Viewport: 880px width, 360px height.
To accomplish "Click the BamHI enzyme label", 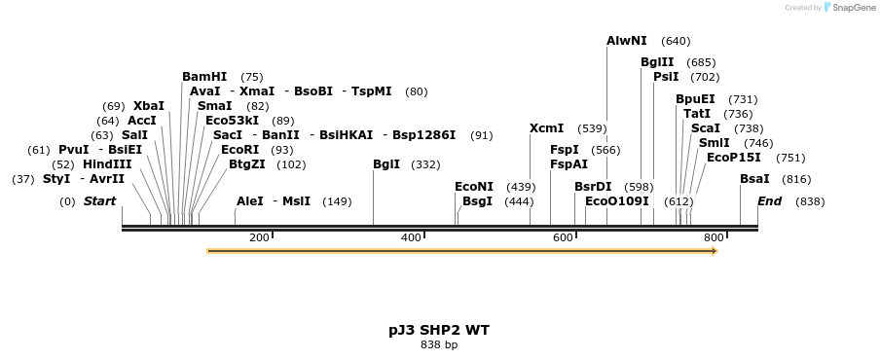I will [x=204, y=77].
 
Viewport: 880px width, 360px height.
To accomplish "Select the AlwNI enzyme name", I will [x=626, y=41].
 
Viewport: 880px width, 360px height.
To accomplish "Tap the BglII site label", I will [x=657, y=62].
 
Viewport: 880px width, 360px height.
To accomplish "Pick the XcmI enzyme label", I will [x=546, y=128].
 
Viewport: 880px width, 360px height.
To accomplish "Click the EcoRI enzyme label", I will [x=240, y=150].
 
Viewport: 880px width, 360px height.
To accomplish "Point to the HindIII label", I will [x=107, y=164].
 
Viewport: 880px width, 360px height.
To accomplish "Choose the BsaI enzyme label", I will [x=754, y=179].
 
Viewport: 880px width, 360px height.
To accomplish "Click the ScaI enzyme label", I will [x=706, y=128].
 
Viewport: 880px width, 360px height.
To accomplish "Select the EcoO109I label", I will [x=616, y=201].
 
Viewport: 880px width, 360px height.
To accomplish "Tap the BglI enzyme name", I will [x=386, y=164].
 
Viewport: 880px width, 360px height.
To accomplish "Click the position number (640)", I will [x=676, y=41].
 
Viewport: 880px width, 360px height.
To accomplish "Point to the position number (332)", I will [x=425, y=164].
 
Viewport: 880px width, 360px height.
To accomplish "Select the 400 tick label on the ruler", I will [x=411, y=237].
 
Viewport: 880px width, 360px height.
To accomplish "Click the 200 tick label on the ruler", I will [x=259, y=237].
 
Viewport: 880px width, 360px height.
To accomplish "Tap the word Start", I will [x=99, y=201].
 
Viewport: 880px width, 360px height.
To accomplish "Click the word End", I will [x=769, y=201].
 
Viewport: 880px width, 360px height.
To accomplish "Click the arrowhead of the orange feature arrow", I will [x=715, y=251].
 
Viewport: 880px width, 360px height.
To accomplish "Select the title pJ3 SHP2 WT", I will [x=439, y=330].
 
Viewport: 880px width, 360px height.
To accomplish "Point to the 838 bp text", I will [x=439, y=344].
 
